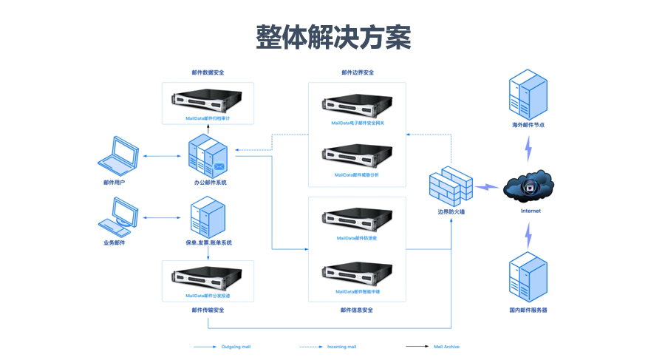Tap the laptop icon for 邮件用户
click(x=118, y=155)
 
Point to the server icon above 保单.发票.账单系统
click(x=208, y=217)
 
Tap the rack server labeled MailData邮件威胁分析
click(x=357, y=157)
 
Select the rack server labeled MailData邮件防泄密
click(x=357, y=220)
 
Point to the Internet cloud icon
click(x=528, y=188)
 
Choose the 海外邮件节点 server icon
click(x=528, y=94)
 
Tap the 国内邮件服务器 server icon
click(x=528, y=276)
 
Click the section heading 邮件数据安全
click(x=208, y=73)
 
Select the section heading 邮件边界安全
click(x=358, y=73)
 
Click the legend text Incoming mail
click(x=341, y=347)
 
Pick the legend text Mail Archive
click(x=446, y=347)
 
